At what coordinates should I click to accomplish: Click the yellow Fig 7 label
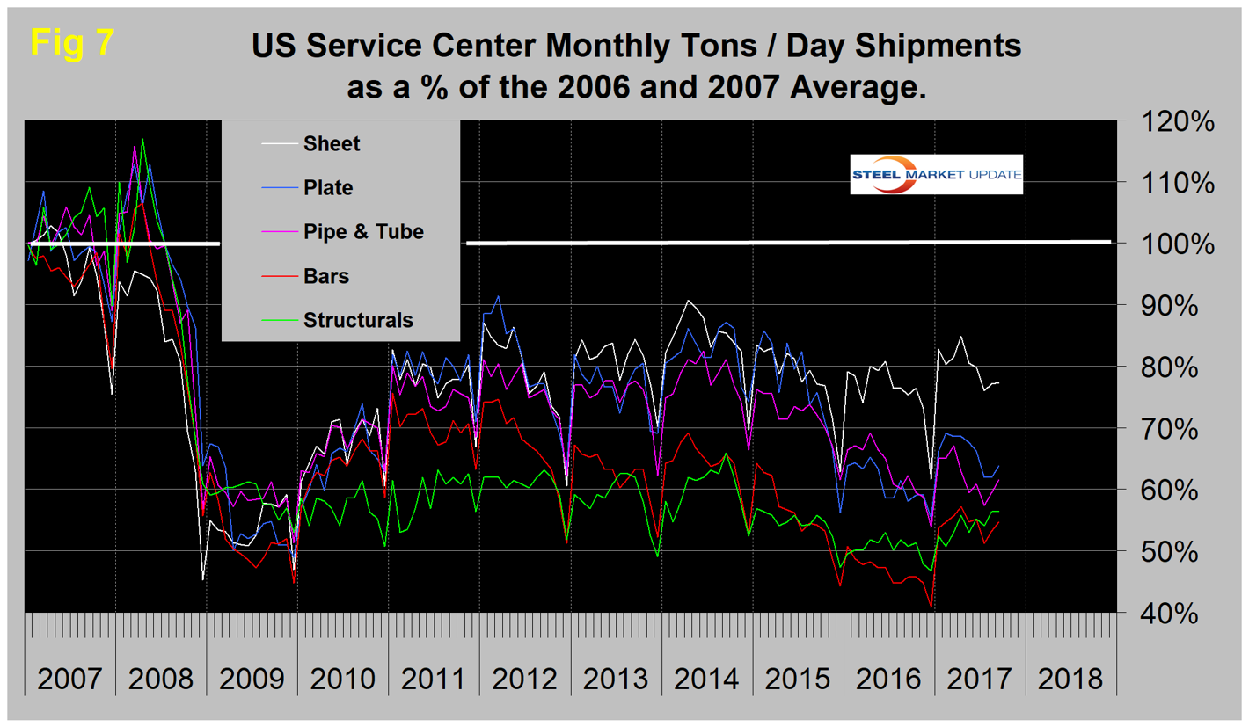coord(72,42)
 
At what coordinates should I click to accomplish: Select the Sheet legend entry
coord(331,144)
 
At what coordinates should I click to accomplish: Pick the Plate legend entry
coord(327,187)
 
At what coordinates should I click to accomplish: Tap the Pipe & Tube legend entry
coord(362,231)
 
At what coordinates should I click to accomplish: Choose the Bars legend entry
coord(325,276)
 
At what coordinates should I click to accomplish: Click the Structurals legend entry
coord(357,320)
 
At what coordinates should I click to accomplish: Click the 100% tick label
coord(1172,244)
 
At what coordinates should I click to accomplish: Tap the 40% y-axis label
coord(1172,613)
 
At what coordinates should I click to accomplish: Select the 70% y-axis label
coord(1172,429)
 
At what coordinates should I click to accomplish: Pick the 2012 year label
coord(526,679)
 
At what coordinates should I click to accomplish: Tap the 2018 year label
coord(1070,679)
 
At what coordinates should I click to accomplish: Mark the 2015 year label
coord(799,679)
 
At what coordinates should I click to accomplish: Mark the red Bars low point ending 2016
coord(931,607)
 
